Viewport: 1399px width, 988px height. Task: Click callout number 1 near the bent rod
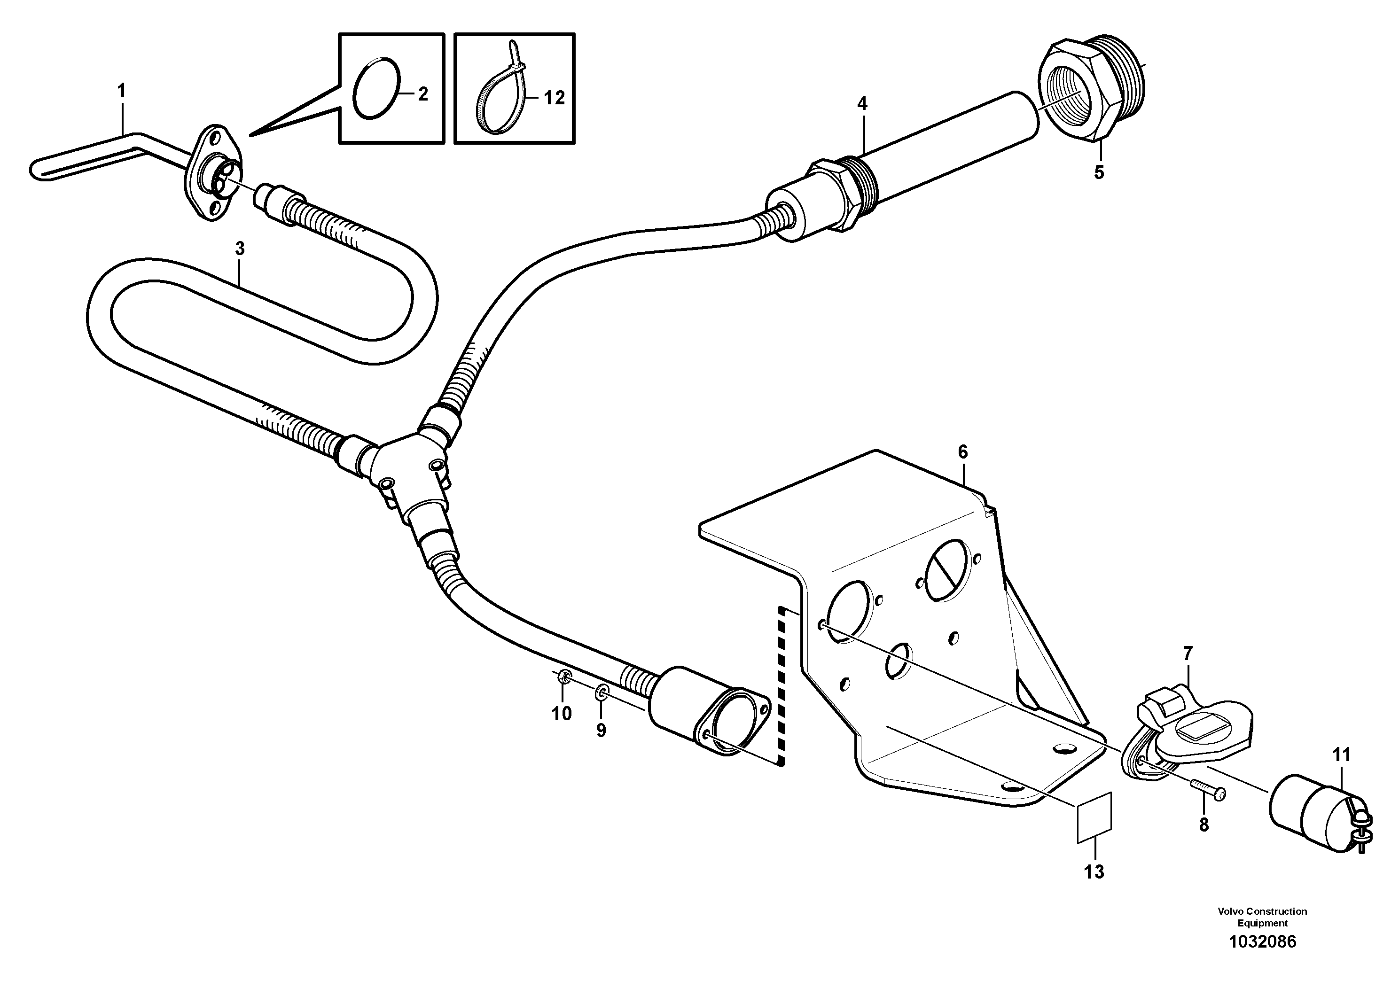[x=121, y=91]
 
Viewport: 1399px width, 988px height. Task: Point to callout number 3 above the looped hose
[x=240, y=249]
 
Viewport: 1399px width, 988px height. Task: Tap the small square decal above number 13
[x=1094, y=817]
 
